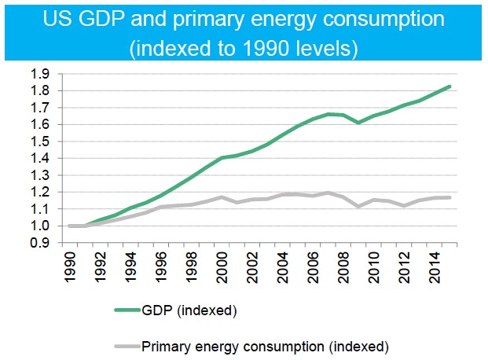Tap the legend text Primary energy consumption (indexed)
pos(265,344)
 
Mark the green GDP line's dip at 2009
pos(358,123)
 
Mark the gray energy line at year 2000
pos(222,197)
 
